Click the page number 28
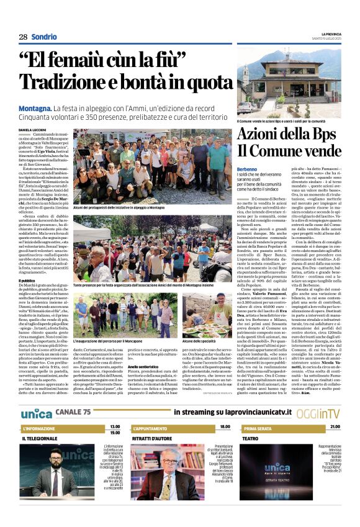[x=22, y=37]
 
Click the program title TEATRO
[x=250, y=438]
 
